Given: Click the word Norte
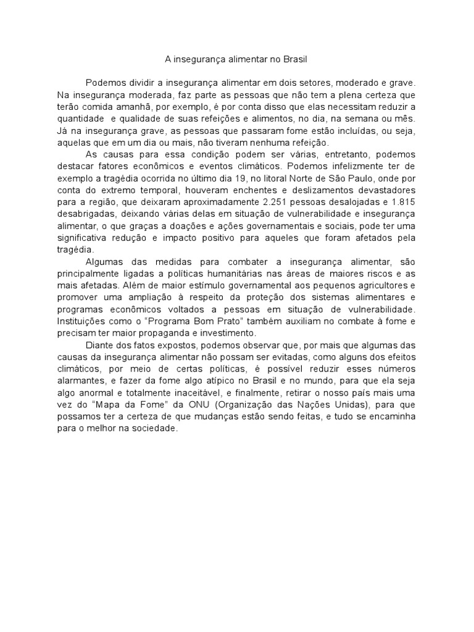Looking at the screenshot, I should click(x=302, y=177).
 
